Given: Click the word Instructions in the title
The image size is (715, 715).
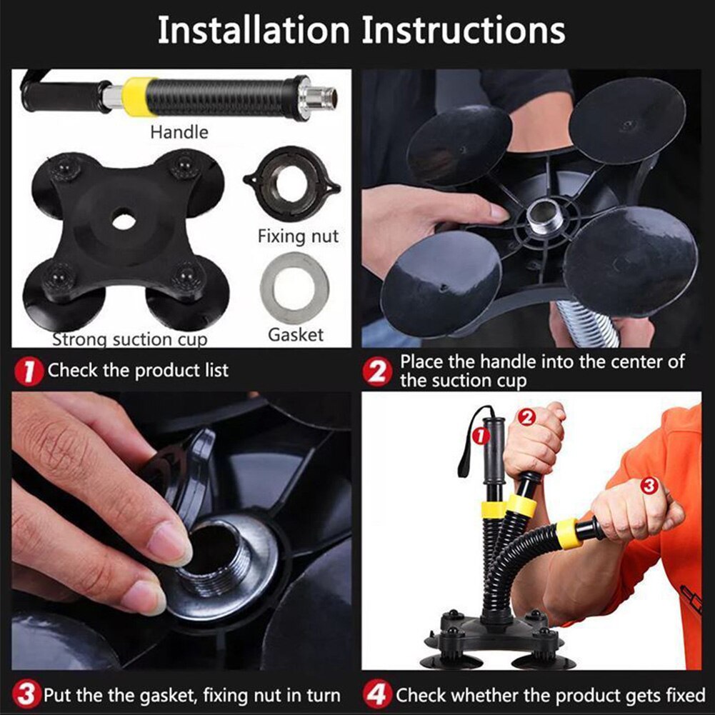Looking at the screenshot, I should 464,31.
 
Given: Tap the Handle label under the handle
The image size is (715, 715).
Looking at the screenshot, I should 179,132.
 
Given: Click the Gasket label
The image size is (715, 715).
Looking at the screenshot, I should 295,334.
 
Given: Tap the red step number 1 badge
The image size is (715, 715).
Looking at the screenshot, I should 27,371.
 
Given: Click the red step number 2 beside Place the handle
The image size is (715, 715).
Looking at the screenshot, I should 377,371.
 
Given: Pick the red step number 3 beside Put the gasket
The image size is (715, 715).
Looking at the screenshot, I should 27,694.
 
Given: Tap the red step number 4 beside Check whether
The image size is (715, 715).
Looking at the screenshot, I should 377,694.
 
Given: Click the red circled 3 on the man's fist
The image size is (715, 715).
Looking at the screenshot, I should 649,486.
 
